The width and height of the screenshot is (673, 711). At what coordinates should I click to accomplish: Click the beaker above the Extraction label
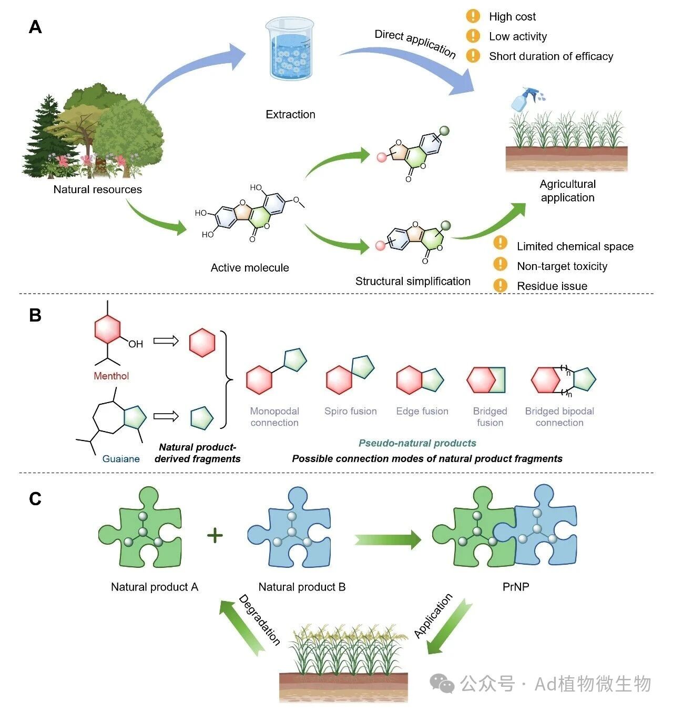point(290,49)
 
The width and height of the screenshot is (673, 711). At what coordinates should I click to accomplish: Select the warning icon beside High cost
point(473,16)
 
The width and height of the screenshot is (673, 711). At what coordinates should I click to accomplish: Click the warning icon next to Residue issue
point(501,285)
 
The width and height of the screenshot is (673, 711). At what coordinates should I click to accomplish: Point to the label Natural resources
point(98,189)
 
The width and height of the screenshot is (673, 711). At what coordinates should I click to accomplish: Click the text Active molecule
point(250,268)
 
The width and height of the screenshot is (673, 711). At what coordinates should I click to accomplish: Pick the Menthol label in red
point(111,376)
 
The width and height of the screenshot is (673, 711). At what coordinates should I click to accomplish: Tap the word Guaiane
point(121,458)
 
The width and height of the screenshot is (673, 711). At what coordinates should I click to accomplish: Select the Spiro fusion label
point(351,411)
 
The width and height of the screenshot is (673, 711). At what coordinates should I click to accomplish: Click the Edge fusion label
point(422,411)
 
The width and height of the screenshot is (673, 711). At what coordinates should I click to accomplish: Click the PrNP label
point(516,587)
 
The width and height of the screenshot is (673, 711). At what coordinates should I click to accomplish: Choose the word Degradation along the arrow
point(260,620)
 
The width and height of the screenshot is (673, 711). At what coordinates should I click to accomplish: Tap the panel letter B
point(35,315)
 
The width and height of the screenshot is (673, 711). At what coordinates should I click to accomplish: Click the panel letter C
point(35,499)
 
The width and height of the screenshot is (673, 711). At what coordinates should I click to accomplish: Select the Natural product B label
point(302,587)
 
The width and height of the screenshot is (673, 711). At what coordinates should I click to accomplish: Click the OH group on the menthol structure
point(136,344)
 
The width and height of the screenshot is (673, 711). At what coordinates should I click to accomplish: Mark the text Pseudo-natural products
point(417,443)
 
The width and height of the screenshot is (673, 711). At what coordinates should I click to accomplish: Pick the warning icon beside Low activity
point(473,36)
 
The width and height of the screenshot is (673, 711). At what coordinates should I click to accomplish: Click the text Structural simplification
point(413,281)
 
